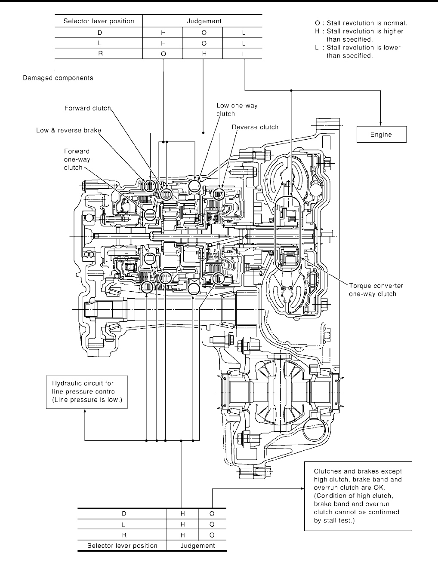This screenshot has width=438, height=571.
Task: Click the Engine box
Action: click(381, 134)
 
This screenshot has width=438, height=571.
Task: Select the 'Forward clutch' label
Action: click(88, 108)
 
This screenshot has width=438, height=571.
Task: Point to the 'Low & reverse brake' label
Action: click(65, 130)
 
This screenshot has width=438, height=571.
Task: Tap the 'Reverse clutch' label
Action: click(255, 127)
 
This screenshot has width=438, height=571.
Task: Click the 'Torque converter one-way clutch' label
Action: click(376, 290)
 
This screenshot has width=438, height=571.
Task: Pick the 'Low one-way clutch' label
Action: click(237, 110)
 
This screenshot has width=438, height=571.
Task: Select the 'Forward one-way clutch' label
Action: click(77, 159)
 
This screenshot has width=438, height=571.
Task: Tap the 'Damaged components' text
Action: click(58, 78)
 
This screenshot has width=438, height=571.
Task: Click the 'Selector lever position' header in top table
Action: click(99, 21)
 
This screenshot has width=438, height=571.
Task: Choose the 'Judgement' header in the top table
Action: click(204, 21)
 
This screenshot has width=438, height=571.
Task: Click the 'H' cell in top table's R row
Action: click(204, 54)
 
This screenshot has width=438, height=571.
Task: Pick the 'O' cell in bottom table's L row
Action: click(212, 524)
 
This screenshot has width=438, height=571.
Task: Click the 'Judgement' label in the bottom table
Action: click(197, 546)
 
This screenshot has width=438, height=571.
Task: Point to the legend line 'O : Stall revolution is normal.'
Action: click(361, 23)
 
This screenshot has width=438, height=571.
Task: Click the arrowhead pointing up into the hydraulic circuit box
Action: click(84, 411)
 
